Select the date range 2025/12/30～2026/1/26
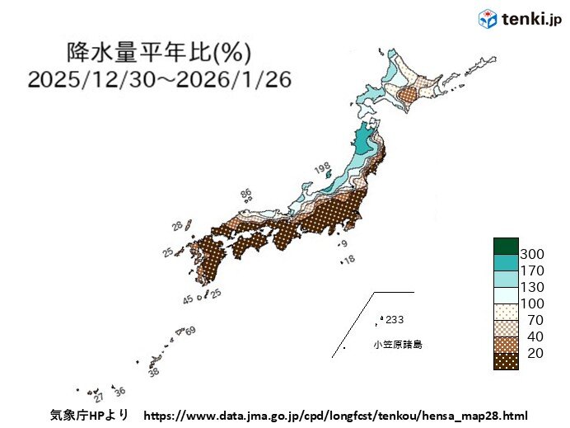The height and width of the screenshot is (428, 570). click(158, 79)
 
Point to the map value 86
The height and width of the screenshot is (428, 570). click(245, 194)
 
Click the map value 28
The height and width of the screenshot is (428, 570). click(177, 225)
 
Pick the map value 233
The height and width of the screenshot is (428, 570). click(395, 320)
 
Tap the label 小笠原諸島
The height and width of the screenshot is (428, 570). click(397, 345)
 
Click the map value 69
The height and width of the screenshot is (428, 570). click(190, 332)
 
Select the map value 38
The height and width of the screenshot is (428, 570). click(153, 373)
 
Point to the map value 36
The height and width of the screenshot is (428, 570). click(119, 391)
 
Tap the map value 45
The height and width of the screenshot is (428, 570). click(188, 299)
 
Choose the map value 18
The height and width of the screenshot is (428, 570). click(349, 260)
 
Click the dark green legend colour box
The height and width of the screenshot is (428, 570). click(506, 246)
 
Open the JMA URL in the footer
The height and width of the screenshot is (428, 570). click(335, 416)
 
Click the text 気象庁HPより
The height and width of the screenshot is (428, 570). click(89, 416)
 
